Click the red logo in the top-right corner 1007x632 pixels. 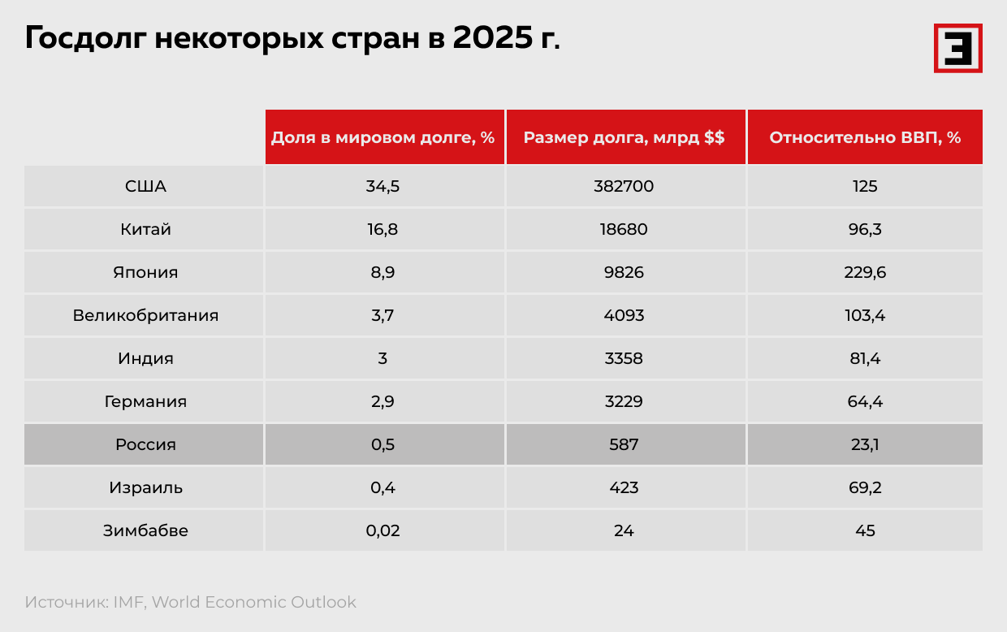[957, 48]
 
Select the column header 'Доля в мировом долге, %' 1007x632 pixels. [382, 137]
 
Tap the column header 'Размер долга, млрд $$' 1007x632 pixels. [624, 137]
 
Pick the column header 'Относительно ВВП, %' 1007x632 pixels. [865, 137]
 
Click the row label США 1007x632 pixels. [145, 186]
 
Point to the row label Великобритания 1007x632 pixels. [145, 315]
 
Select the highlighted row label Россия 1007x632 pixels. [145, 444]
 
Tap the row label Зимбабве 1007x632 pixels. [145, 530]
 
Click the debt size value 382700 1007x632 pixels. [624, 186]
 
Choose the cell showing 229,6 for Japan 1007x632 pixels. [865, 272]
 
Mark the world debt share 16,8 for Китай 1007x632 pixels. [382, 229]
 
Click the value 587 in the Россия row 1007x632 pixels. [624, 444]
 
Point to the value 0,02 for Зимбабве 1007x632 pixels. [382, 530]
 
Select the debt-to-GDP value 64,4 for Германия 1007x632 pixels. [865, 401]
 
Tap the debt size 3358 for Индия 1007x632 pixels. [624, 358]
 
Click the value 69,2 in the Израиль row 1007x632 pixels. [865, 487]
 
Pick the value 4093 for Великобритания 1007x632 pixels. [624, 315]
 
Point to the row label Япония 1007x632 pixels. [145, 272]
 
